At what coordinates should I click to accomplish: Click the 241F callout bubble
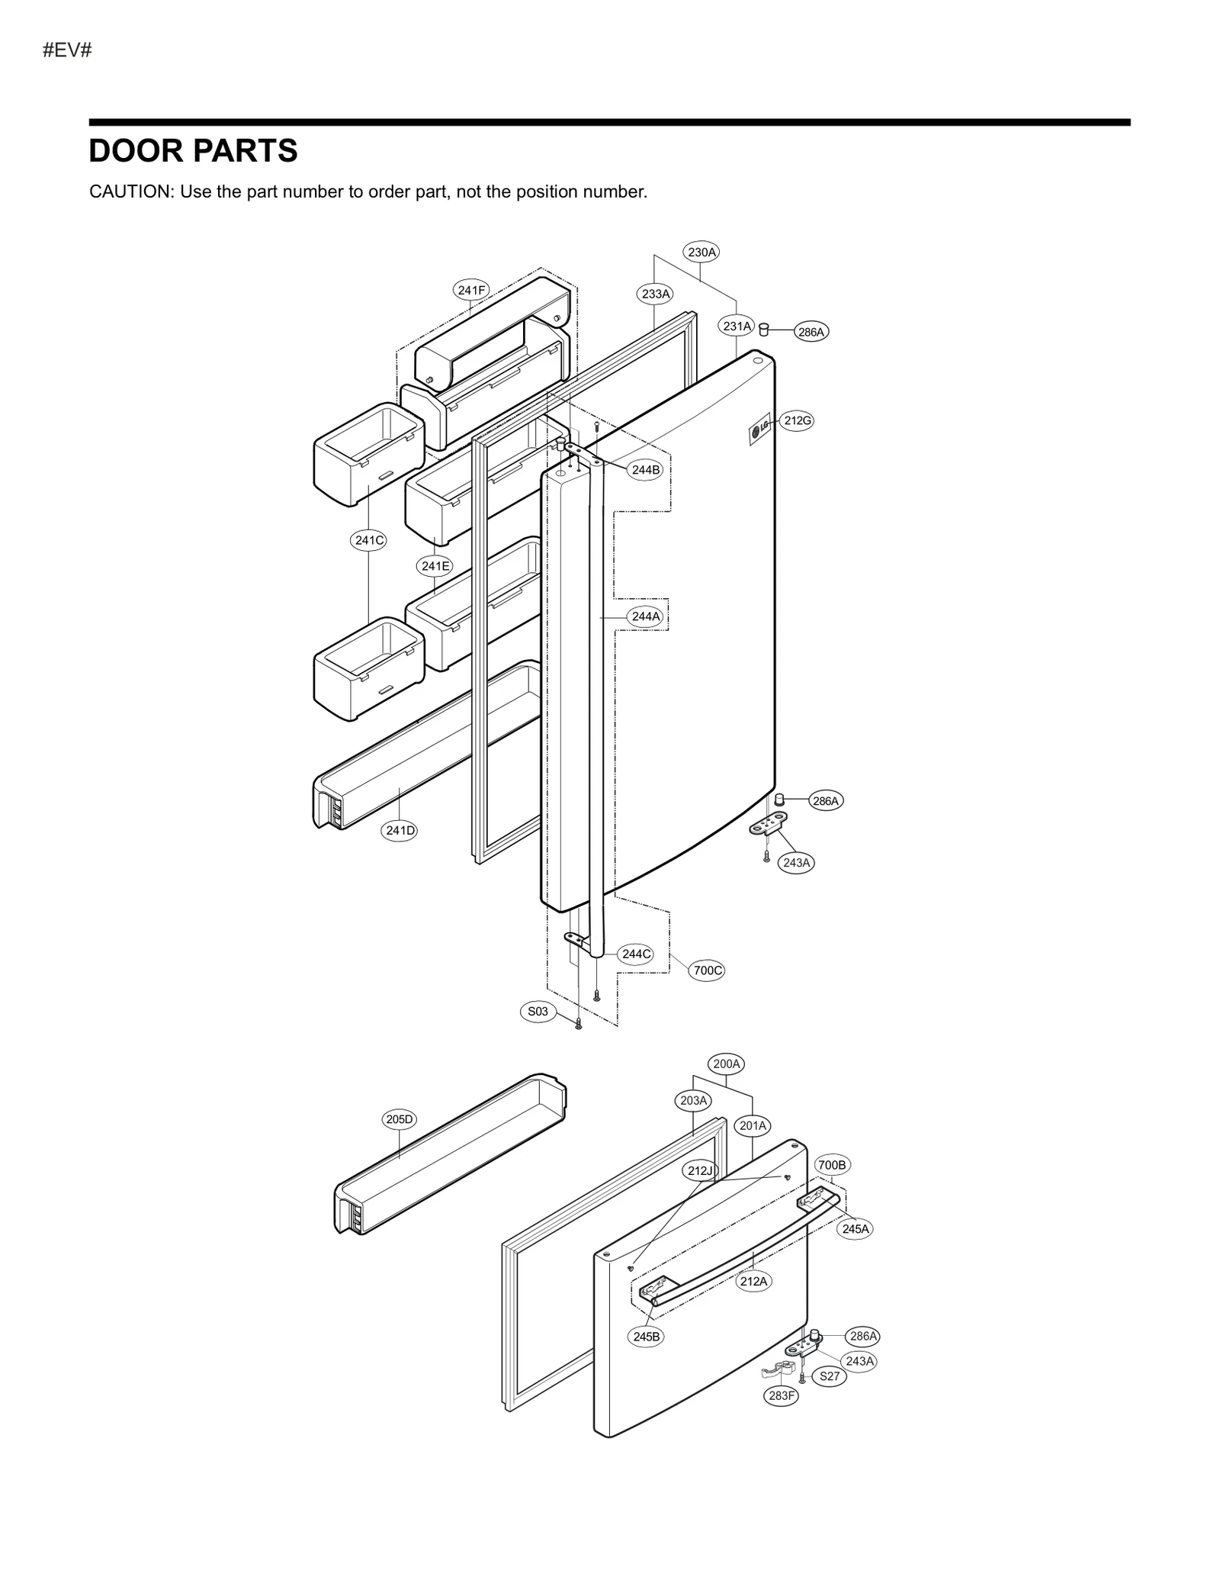[x=471, y=290]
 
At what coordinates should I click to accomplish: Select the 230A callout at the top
[x=701, y=252]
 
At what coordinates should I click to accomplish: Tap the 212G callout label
[x=798, y=420]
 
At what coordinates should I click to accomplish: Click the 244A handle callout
[x=645, y=616]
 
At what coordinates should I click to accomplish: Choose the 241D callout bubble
[x=400, y=830]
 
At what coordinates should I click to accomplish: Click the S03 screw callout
[x=538, y=1011]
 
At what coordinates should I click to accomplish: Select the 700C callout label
[x=707, y=970]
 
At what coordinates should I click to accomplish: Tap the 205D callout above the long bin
[x=399, y=1119]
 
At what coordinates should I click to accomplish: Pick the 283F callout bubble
[x=782, y=1395]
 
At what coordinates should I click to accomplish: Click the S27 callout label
[x=829, y=1376]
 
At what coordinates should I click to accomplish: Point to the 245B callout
[x=647, y=1337]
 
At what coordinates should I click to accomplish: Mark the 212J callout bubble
[x=699, y=1171]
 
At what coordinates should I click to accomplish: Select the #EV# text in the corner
[x=67, y=50]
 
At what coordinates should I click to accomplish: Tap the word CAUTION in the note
[x=132, y=191]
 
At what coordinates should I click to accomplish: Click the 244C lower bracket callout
[x=636, y=954]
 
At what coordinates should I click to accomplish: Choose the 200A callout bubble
[x=726, y=1064]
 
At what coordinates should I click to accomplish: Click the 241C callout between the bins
[x=369, y=540]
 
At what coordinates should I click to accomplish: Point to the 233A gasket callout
[x=655, y=294]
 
